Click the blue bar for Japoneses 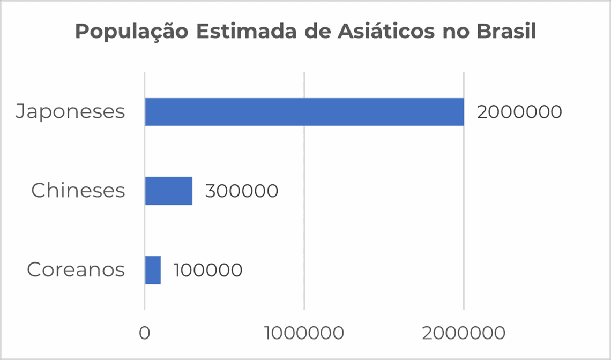(x=304, y=112)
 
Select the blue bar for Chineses (x=169, y=191)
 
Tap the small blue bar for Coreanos (x=153, y=270)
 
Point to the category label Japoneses (x=70, y=112)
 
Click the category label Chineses (x=78, y=191)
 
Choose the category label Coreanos (x=76, y=270)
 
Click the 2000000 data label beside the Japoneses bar (x=519, y=112)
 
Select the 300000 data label (x=242, y=191)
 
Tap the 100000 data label (x=208, y=270)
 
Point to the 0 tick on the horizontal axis (x=144, y=333)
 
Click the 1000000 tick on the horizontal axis (x=304, y=333)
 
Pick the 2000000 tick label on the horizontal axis (x=464, y=333)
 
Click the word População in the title (x=131, y=32)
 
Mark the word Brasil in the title (x=506, y=32)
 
